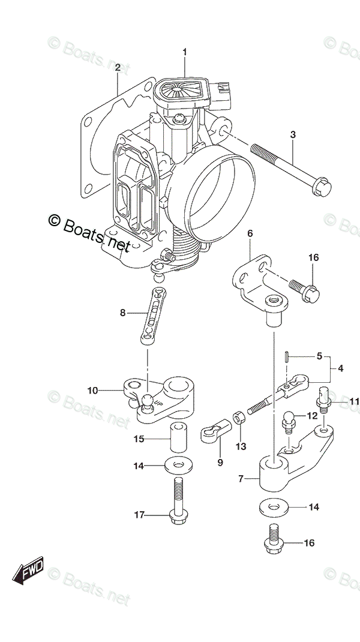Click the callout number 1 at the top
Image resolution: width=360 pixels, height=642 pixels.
click(185, 52)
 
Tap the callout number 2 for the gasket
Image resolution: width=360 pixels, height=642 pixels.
click(118, 68)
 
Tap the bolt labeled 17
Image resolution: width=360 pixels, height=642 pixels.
click(178, 499)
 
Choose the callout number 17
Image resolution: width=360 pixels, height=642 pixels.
click(140, 514)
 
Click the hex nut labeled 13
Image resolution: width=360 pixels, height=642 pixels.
click(237, 416)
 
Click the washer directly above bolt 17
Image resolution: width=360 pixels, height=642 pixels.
click(178, 464)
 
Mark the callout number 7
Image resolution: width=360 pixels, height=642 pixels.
click(242, 479)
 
